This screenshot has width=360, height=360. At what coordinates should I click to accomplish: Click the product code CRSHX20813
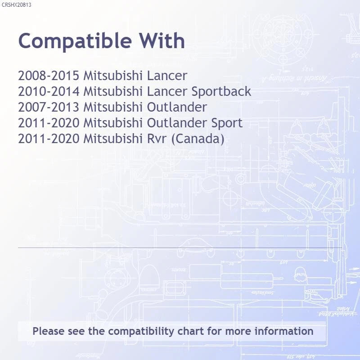(x=16, y=5)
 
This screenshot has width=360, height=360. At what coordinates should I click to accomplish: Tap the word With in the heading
(x=162, y=40)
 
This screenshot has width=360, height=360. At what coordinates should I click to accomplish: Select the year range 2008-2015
(x=49, y=76)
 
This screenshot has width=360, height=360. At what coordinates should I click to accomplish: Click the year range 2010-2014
(x=49, y=91)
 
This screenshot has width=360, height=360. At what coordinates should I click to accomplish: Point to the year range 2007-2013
(x=49, y=107)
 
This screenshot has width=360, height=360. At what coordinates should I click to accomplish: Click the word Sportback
(x=221, y=92)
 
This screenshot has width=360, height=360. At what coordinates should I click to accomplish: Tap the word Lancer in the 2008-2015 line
(x=167, y=76)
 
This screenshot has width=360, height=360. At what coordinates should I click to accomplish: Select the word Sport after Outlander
(x=227, y=123)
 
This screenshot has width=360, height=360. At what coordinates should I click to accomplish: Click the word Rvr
(x=157, y=139)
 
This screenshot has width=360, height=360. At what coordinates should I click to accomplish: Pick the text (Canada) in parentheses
(x=198, y=139)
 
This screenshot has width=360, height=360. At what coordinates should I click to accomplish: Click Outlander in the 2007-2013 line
(x=177, y=107)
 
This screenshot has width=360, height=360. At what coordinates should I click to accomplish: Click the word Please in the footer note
(x=49, y=331)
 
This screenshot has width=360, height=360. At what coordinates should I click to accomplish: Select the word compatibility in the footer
(x=141, y=332)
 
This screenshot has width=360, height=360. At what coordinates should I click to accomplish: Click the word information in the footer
(x=284, y=331)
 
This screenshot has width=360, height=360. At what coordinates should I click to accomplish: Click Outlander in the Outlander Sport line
(x=177, y=123)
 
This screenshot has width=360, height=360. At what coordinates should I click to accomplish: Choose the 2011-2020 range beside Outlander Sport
(x=49, y=123)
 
